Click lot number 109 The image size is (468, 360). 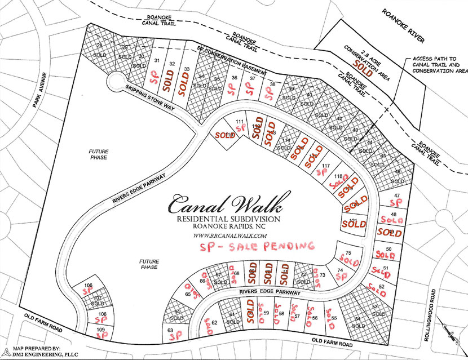click(x=101, y=329)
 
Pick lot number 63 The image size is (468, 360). click(x=169, y=331)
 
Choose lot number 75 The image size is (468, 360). click(x=348, y=253)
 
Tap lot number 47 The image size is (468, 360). click(x=397, y=195)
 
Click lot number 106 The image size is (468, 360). click(x=87, y=286)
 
